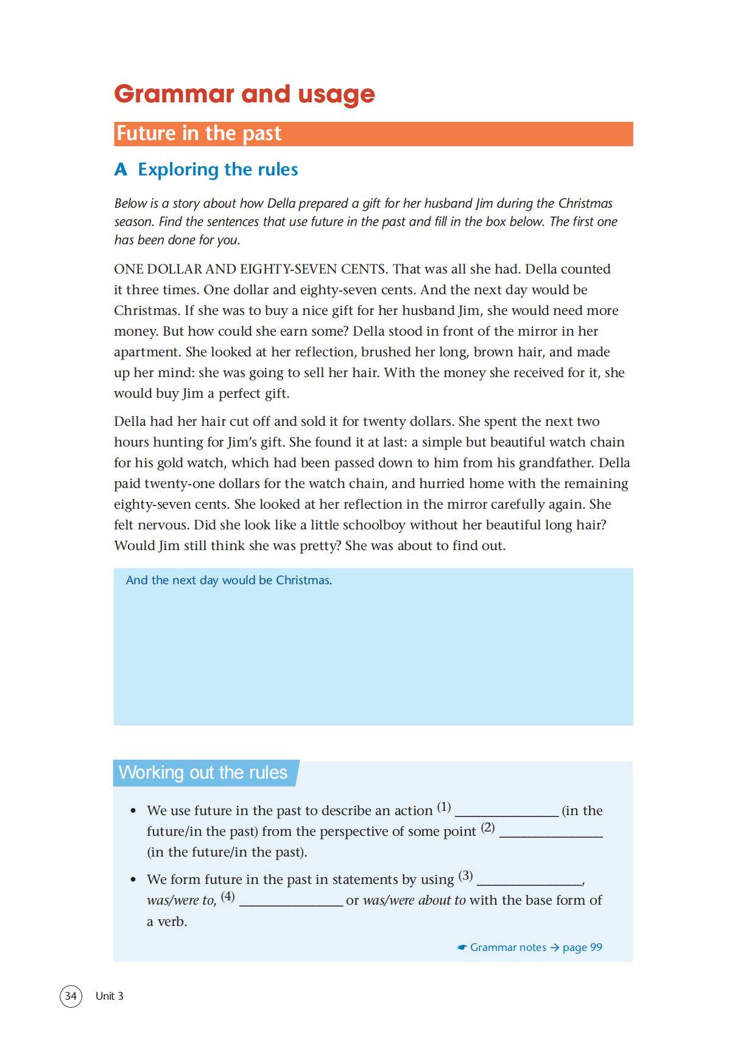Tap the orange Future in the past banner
coord(373,133)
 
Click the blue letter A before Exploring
coord(121,169)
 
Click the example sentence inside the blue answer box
coord(228,581)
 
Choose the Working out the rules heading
coord(203,772)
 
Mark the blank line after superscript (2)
coord(550,835)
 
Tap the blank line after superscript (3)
coord(529,883)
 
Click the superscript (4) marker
coord(228,896)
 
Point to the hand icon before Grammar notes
coord(462,947)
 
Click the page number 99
coord(596,947)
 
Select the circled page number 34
coord(71,996)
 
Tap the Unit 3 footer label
coord(110,996)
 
